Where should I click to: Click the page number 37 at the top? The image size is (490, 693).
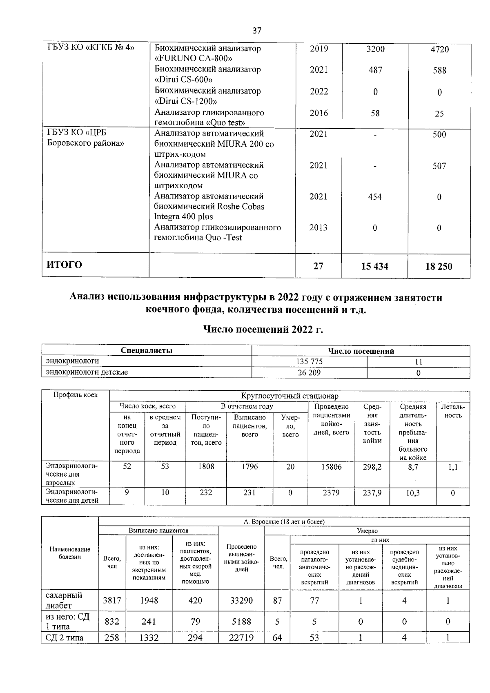click(257, 31)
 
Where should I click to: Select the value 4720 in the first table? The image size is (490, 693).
click(439, 49)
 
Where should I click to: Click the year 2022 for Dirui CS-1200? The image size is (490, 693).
click(318, 91)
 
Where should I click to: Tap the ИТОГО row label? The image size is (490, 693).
click(64, 265)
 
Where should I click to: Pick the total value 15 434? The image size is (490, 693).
click(374, 266)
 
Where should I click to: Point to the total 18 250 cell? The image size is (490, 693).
click(439, 266)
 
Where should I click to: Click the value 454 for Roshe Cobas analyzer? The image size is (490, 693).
click(374, 197)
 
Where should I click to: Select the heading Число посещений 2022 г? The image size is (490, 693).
click(263, 329)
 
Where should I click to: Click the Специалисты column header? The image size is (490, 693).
click(147, 350)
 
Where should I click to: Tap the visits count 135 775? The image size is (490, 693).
click(309, 361)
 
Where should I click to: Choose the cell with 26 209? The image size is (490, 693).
click(309, 372)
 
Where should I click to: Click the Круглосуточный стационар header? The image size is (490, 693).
click(290, 396)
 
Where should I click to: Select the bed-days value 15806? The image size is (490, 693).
click(331, 467)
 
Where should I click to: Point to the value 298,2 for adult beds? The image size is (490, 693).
click(372, 467)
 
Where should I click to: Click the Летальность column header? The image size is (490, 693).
click(453, 411)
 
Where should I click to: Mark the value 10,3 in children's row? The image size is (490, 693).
click(413, 493)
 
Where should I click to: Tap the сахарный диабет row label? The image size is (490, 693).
click(64, 600)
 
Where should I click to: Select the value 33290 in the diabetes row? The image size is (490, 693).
click(241, 600)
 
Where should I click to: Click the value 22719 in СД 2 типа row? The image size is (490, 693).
click(241, 637)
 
